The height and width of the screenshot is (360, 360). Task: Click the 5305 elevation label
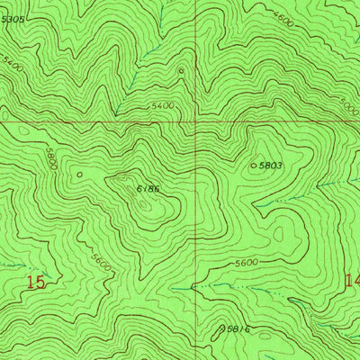click(13, 19)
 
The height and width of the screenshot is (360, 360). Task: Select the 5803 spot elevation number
click(271, 166)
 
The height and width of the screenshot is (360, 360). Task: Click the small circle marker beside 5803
click(252, 166)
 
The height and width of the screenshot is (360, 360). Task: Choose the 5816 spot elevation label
click(238, 330)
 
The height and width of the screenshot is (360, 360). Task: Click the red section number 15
click(35, 283)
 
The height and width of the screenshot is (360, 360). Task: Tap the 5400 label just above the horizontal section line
click(162, 106)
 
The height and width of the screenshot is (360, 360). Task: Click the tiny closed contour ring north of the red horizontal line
click(181, 70)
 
